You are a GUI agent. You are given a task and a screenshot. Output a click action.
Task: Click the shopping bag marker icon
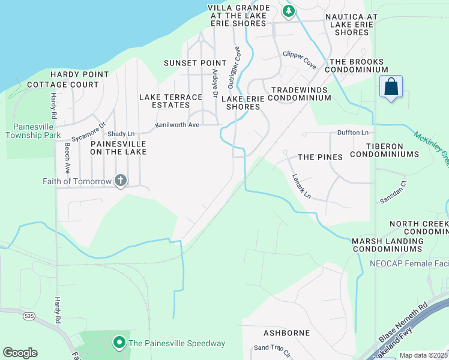[x=391, y=87]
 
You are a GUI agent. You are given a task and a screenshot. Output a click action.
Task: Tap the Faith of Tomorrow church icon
[x=120, y=180]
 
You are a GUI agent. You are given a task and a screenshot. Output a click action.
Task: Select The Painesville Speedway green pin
[x=119, y=343]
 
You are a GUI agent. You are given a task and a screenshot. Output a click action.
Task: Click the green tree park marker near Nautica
[x=289, y=10]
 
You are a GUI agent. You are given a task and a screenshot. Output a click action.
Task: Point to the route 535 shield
[x=28, y=315]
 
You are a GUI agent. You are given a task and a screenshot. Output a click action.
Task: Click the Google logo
[x=20, y=352]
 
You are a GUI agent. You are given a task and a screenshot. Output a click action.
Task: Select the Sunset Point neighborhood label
[x=195, y=63]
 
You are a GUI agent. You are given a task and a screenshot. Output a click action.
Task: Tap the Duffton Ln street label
[x=356, y=132]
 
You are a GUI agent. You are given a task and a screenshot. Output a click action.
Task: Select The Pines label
[x=320, y=157]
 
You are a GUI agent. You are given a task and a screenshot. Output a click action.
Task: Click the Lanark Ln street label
[x=302, y=186]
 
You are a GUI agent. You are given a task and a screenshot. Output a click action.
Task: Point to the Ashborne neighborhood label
[x=286, y=332]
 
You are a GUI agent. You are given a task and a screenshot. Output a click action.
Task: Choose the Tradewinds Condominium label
[x=301, y=94]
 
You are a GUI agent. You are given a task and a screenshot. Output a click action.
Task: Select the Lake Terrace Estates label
[x=171, y=101]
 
